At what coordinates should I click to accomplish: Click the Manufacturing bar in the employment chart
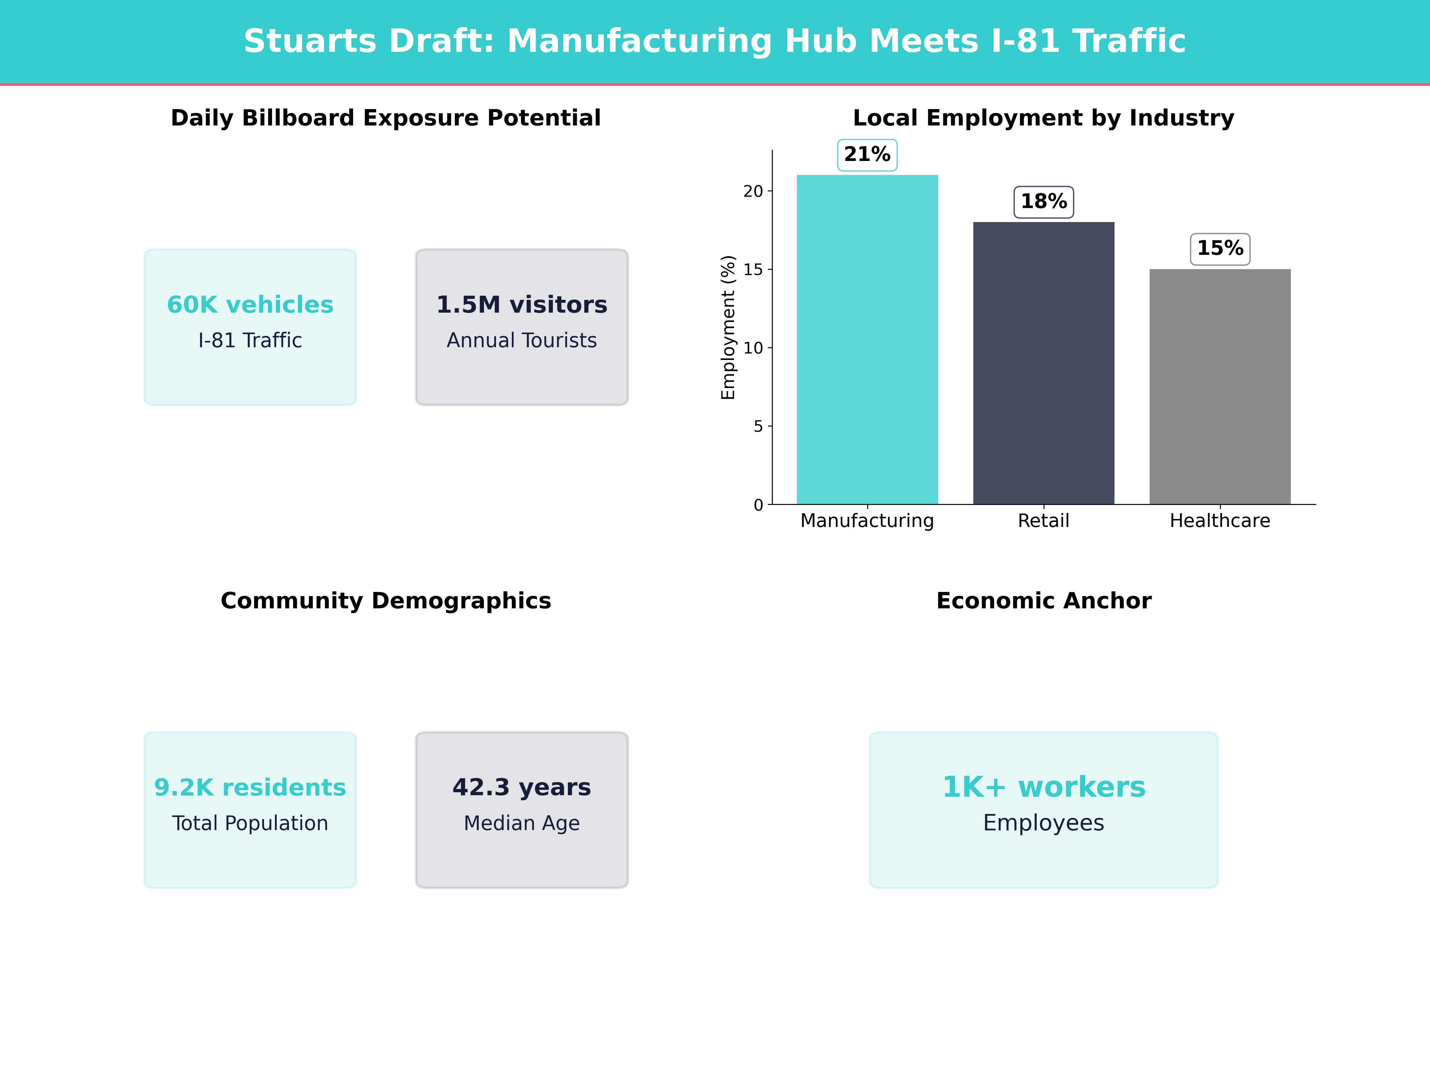tap(867, 339)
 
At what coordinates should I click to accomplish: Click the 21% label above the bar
tap(867, 155)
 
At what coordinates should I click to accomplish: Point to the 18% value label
tap(1043, 202)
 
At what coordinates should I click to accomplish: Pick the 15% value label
tap(1220, 248)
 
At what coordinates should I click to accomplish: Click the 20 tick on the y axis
tap(753, 191)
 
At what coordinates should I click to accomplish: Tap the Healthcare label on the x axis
tap(1220, 521)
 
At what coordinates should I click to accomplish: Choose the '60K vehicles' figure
tap(250, 305)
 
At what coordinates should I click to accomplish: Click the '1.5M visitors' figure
tap(522, 305)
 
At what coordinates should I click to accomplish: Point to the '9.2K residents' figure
tap(250, 787)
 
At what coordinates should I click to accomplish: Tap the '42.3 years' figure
tap(522, 787)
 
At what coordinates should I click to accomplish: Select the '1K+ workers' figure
tap(1043, 787)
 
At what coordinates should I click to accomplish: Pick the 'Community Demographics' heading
tap(386, 601)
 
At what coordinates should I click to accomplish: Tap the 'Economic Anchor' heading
tap(1043, 601)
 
